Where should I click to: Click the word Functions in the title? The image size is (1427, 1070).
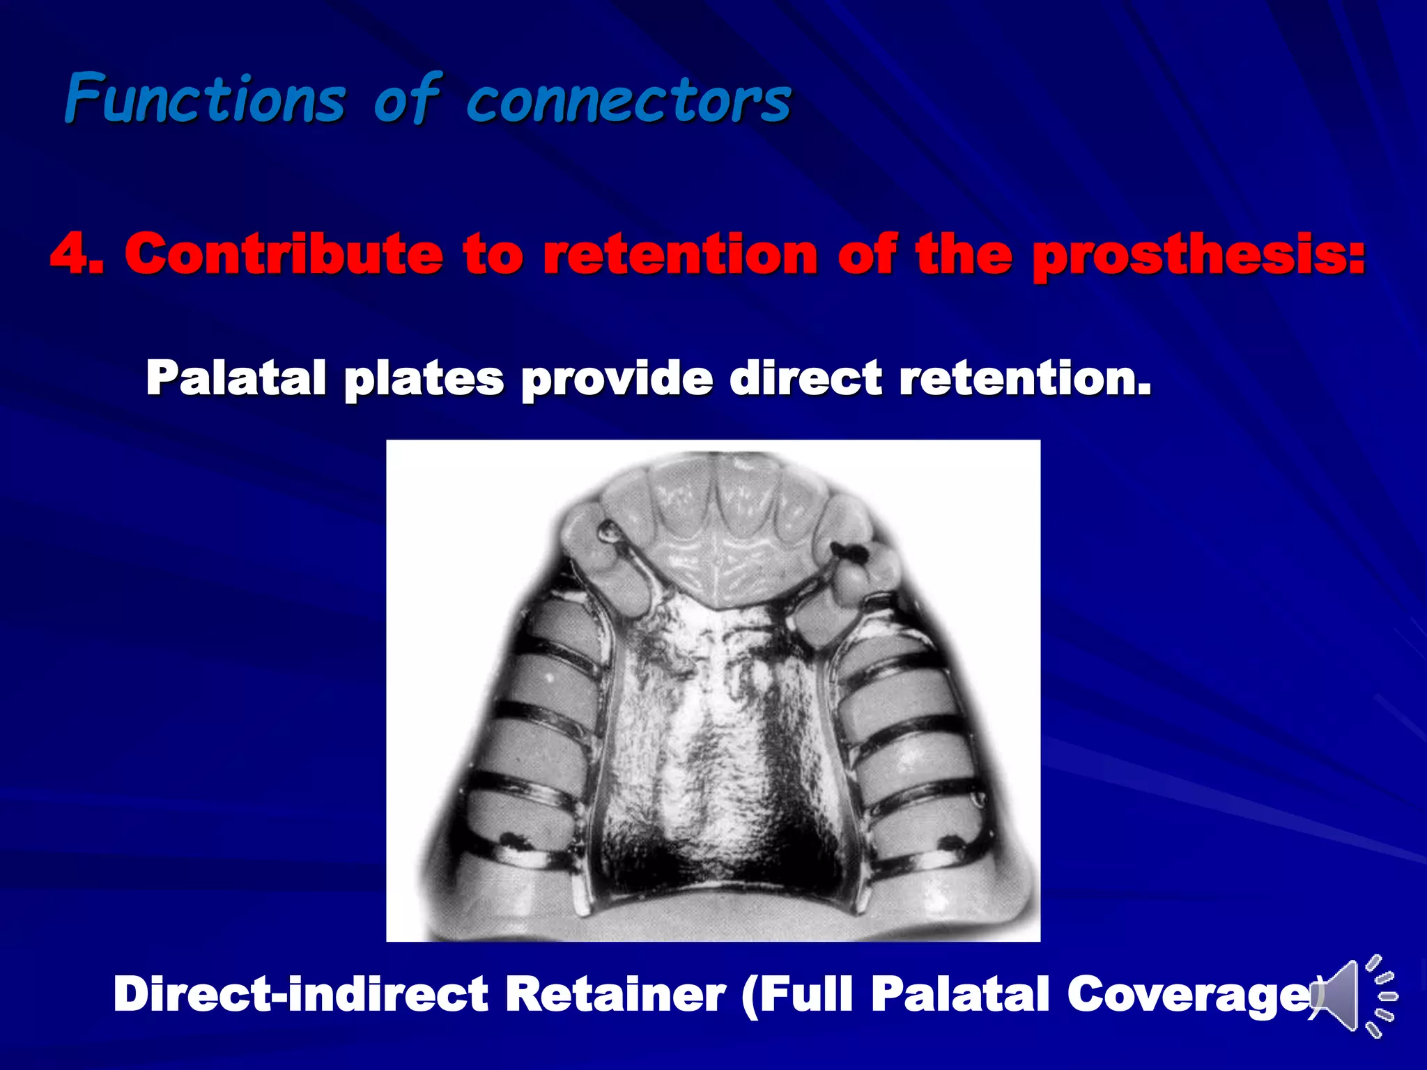(x=206, y=100)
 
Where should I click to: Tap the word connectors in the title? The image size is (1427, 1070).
(x=628, y=101)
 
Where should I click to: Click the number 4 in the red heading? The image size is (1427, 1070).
(x=70, y=254)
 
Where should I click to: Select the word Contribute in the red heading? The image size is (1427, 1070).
(x=283, y=254)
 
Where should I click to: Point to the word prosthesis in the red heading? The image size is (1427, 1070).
(x=1198, y=255)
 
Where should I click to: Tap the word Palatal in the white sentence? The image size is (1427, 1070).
(x=236, y=378)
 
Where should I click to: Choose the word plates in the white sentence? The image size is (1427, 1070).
(x=424, y=379)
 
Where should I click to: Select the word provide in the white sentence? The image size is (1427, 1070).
(x=617, y=379)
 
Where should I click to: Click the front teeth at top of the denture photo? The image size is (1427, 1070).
(x=718, y=509)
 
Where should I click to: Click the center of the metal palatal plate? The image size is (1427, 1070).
(x=718, y=738)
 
